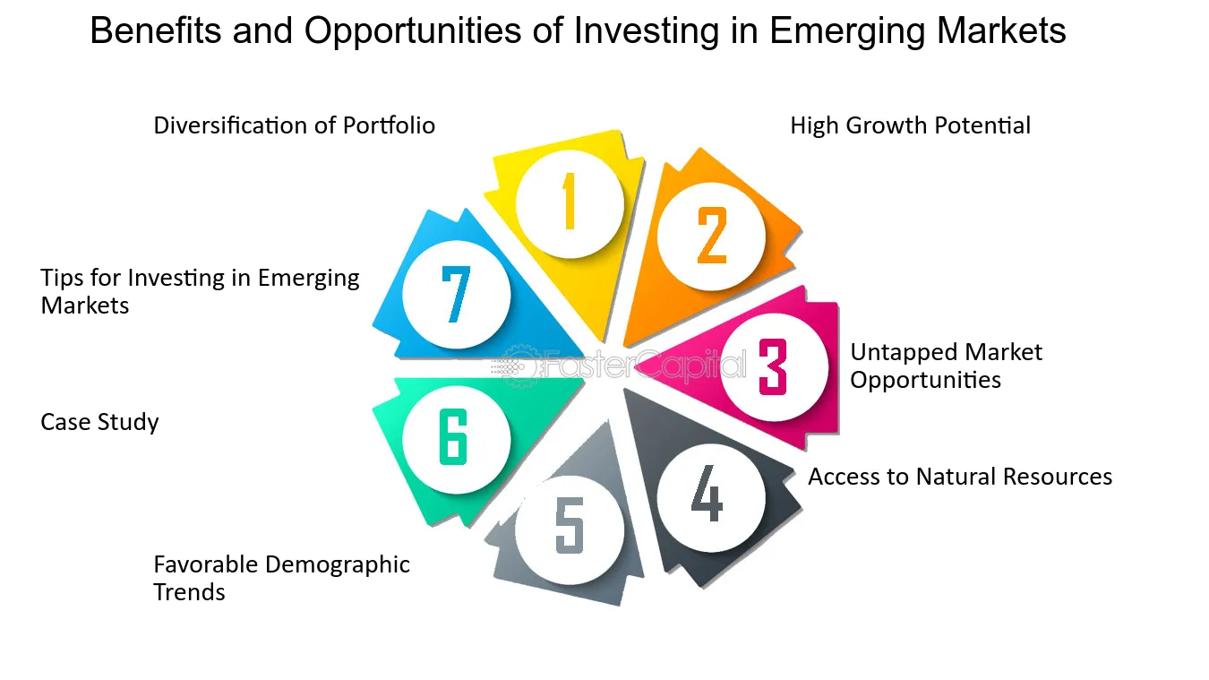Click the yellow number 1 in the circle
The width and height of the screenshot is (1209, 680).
(569, 201)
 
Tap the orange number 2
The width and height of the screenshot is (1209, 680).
(712, 236)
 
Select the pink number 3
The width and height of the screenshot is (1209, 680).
(773, 366)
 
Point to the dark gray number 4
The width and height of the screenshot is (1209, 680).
(707, 493)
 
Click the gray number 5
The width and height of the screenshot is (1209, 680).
(570, 525)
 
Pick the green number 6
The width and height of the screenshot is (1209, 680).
(453, 436)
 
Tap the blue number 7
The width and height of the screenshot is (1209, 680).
(456, 295)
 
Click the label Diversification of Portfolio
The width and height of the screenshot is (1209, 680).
(294, 125)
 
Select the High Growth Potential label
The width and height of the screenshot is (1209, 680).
(911, 125)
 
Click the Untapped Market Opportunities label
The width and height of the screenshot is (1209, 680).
(946, 366)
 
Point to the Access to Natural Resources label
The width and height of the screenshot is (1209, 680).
(960, 477)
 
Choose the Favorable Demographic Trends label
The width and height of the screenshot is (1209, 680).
(281, 578)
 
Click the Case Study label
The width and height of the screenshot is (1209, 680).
(99, 422)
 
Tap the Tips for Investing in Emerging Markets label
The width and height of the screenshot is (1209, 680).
(200, 291)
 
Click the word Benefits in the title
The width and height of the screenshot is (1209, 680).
(156, 30)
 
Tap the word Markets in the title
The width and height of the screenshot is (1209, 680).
(1002, 30)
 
